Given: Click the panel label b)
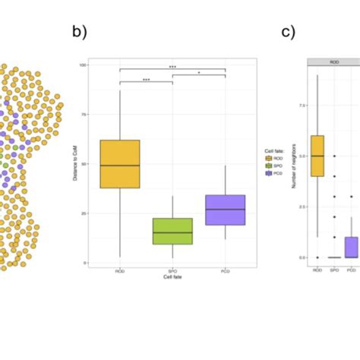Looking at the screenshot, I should [x=81, y=33].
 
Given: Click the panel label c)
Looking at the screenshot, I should [x=288, y=33].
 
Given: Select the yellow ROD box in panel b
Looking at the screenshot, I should [x=120, y=164].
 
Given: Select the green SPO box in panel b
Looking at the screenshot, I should [x=173, y=231].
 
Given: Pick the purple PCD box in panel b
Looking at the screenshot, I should [x=226, y=210].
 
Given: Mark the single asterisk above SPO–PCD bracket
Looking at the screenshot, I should [x=200, y=73].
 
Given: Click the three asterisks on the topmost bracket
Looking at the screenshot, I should [x=172, y=66].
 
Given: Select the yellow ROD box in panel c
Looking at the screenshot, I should [x=317, y=156].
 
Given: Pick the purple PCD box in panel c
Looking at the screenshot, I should [x=351, y=248].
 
